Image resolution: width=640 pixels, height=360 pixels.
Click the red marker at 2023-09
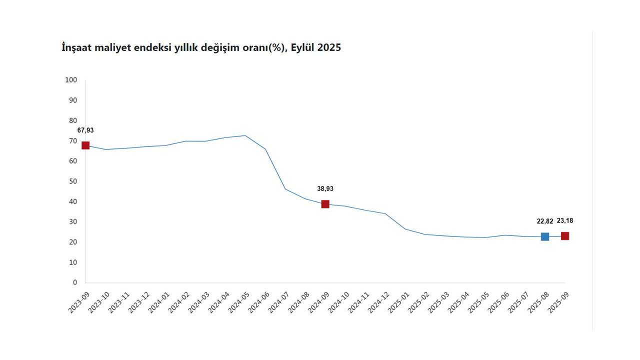click(x=85, y=145)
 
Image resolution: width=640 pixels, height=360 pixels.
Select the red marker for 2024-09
click(x=325, y=204)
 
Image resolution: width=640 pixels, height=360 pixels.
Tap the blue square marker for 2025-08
click(x=545, y=236)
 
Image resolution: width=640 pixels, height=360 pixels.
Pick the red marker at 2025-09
click(x=565, y=236)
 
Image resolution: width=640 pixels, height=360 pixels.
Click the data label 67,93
click(x=85, y=130)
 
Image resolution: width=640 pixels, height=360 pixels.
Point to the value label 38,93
click(x=325, y=189)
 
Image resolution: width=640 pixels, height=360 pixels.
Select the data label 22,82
click(x=545, y=221)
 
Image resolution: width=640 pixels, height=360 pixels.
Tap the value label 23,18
click(x=565, y=220)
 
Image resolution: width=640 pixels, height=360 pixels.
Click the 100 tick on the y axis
click(x=71, y=80)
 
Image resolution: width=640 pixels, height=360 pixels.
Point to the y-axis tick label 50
click(x=73, y=181)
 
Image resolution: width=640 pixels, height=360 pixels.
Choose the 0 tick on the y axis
click(x=75, y=282)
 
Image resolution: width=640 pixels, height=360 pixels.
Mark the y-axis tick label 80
click(x=73, y=120)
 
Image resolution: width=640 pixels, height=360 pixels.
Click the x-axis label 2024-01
click(x=159, y=303)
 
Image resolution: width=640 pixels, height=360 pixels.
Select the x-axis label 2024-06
click(x=259, y=303)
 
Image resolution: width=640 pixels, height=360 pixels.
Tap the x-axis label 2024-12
click(x=379, y=303)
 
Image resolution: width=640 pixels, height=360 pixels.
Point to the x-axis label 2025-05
click(x=479, y=303)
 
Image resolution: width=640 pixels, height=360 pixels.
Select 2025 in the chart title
click(x=328, y=48)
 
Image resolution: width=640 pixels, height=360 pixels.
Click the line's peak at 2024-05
click(x=245, y=135)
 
